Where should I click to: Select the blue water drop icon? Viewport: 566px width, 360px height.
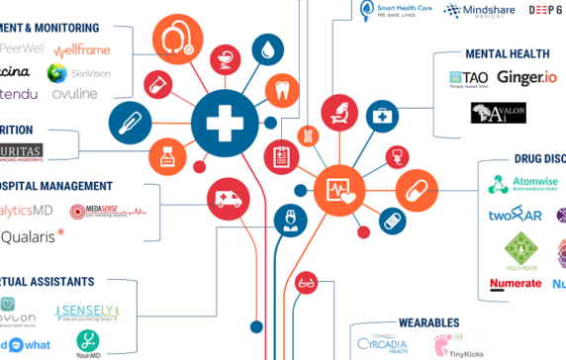265,48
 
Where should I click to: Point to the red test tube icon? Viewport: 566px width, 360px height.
155,85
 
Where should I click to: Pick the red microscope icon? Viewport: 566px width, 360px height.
338,112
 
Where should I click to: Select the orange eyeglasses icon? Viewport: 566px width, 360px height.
307,282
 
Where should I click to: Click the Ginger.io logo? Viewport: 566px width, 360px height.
527,77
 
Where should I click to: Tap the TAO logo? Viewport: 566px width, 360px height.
469,78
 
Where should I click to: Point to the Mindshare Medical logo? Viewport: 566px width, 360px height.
479,11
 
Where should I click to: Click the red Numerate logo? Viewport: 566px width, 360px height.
516,284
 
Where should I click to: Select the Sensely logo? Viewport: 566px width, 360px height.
87,312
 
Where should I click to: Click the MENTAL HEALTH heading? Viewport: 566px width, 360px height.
501,53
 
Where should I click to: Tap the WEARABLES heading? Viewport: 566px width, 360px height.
428,322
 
